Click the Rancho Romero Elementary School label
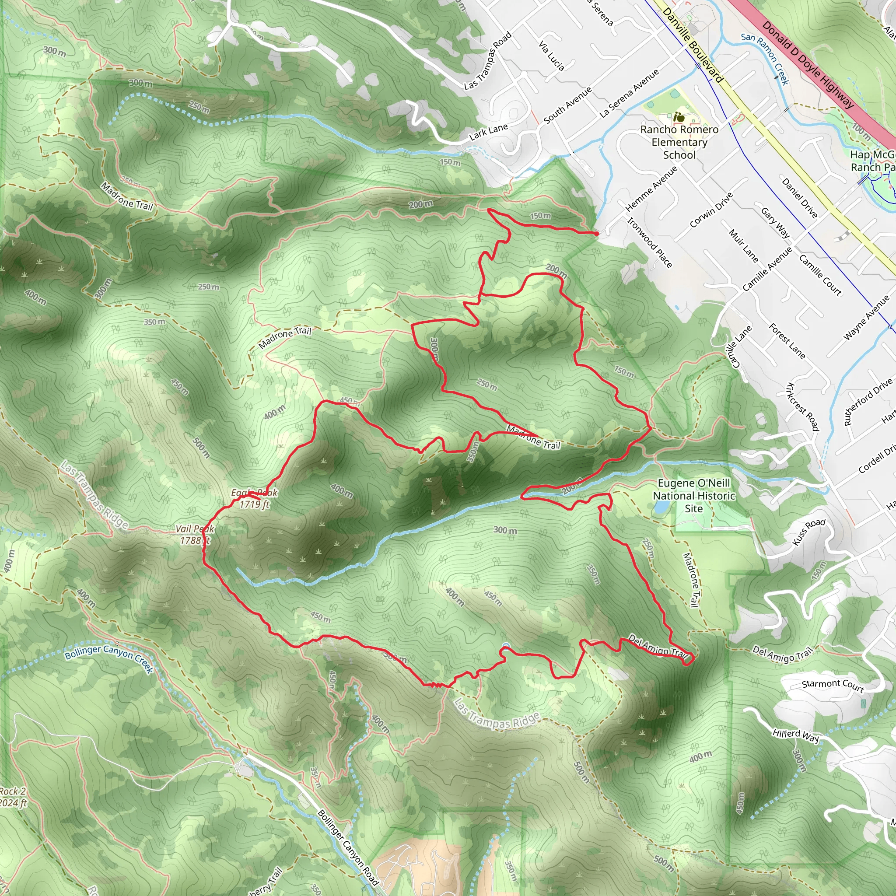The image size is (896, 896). point(679,142)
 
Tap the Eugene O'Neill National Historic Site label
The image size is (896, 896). point(694,496)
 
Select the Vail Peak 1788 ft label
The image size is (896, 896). point(195,534)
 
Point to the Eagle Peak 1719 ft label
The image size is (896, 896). point(254,499)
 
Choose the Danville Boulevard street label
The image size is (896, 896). point(693,45)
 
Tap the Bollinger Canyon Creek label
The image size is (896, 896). point(109,658)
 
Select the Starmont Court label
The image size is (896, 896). point(833,686)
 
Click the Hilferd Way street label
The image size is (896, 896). point(795,735)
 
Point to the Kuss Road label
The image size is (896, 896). point(809,532)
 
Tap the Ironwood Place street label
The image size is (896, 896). point(649,242)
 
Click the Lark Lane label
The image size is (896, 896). point(488,132)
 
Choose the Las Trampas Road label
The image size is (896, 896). point(488,60)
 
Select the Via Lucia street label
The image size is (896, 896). point(551,56)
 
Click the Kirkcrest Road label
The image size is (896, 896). point(803,406)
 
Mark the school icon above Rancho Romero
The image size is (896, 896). point(680,117)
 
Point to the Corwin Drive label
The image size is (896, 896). point(711,210)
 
